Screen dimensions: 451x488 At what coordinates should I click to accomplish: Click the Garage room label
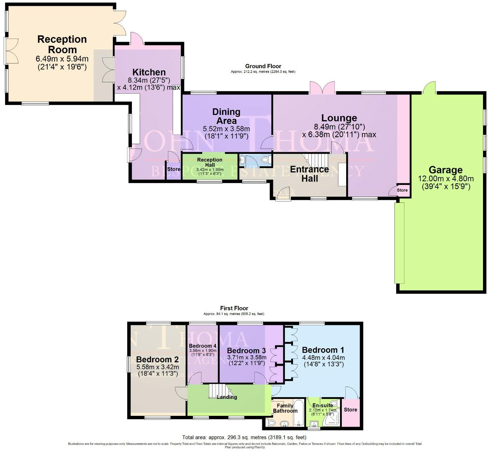tap(445, 170)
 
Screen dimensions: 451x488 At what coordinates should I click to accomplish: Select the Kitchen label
tap(149, 72)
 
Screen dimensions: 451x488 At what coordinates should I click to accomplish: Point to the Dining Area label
tap(226, 116)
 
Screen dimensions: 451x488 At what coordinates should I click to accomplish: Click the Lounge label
tap(339, 118)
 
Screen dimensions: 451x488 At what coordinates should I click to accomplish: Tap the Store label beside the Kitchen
tap(174, 169)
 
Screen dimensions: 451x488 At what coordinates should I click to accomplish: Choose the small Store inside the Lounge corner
tap(402, 190)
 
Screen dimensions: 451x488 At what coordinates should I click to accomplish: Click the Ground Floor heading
tap(263, 66)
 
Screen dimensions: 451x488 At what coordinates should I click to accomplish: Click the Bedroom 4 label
tap(202, 346)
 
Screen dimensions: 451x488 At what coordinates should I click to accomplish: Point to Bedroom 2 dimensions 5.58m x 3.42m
tap(158, 367)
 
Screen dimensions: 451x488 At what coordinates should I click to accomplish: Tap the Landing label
tap(227, 397)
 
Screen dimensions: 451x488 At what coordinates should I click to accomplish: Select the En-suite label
tap(323, 406)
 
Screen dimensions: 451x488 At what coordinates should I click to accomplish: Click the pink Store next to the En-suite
tap(350, 410)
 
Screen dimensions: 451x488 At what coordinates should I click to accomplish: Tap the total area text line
tap(244, 437)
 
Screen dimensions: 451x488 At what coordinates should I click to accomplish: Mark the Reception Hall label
tap(210, 162)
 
